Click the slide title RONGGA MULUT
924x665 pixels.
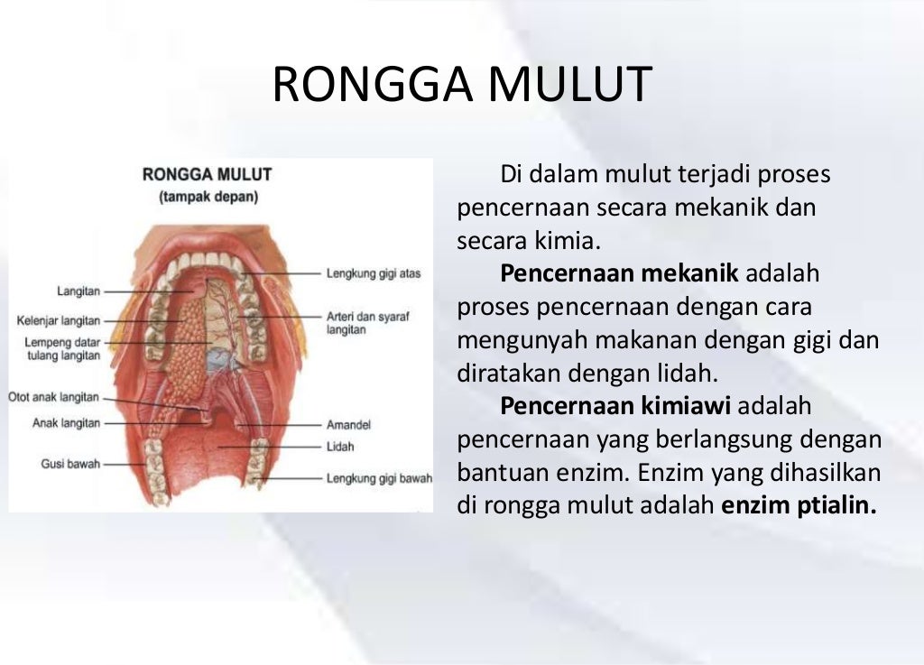[x=461, y=85]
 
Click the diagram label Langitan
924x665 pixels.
[x=79, y=291]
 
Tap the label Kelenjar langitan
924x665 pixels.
[x=59, y=320]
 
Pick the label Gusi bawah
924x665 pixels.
[x=70, y=464]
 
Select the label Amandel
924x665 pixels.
[x=348, y=424]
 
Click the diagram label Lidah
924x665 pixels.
[x=340, y=446]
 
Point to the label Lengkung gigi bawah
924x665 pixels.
[x=379, y=478]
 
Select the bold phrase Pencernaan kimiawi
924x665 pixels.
[x=617, y=406]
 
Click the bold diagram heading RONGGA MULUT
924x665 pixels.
[x=208, y=174]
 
